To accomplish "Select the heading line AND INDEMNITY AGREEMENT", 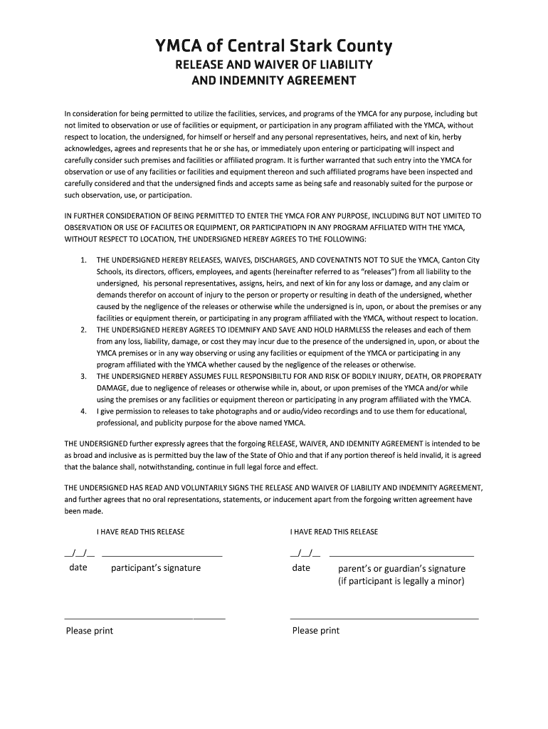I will coord(274,80).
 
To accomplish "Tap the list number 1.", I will coord(83,260).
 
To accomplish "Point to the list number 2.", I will coord(83,330).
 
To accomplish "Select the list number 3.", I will coord(83,376).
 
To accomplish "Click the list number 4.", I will coord(83,411).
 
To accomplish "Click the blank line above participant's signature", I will coord(162,554).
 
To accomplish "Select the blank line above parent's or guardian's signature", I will coord(402,554).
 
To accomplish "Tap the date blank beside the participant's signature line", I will coord(78,553).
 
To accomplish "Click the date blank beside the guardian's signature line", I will coord(305,553).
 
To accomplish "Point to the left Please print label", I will coord(90,631).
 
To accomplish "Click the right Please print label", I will coord(316,631).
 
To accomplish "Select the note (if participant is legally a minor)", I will coord(401,581).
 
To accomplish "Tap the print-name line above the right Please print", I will coord(384,618).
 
